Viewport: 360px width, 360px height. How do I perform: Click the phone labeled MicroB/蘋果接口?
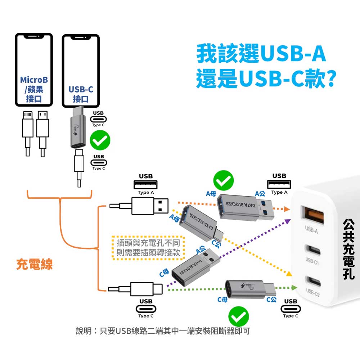coord(34,70)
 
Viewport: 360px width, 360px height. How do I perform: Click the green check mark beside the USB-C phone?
coord(100,141)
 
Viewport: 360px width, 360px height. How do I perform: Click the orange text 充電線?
coord(35,265)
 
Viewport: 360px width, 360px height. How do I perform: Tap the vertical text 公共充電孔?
coord(349,248)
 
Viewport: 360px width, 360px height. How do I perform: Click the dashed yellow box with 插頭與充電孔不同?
coord(148,248)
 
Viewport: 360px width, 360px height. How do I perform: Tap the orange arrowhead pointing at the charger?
coord(287,209)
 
